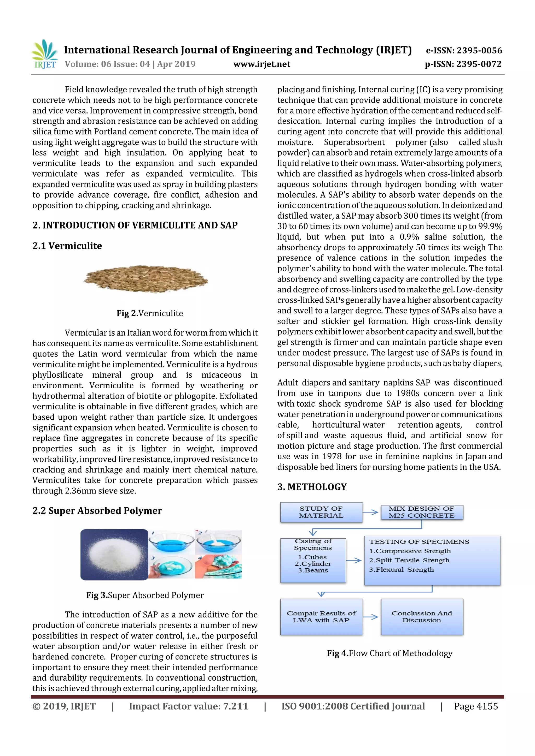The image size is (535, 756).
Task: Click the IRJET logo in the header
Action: click(x=44, y=54)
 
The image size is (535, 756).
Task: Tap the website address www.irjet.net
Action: click(x=262, y=64)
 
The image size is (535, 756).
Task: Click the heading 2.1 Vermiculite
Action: click(x=67, y=246)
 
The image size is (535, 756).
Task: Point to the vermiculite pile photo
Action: click(x=145, y=279)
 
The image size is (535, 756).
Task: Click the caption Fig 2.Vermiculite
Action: click(x=150, y=313)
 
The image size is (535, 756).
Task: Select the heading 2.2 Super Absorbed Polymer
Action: click(x=97, y=511)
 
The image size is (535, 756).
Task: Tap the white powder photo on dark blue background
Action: click(x=114, y=555)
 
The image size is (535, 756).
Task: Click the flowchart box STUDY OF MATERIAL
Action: click(x=321, y=512)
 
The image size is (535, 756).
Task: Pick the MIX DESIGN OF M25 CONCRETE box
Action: click(x=422, y=512)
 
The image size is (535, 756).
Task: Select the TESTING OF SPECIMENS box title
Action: click(x=419, y=542)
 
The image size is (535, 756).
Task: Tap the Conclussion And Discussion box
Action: click(x=422, y=617)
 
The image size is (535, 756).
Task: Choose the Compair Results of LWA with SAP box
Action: click(x=321, y=617)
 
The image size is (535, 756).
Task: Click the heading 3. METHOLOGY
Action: click(x=312, y=487)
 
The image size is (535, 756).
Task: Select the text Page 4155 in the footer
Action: click(x=476, y=706)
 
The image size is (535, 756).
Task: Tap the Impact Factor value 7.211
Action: click(x=235, y=706)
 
